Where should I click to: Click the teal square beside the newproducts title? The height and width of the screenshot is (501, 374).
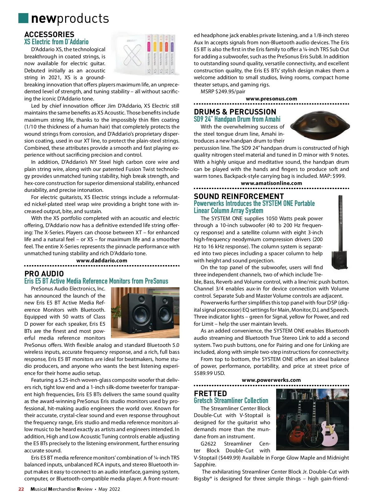pyautogui.click(x=23, y=18)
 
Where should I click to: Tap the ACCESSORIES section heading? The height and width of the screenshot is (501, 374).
pyautogui.click(x=49, y=34)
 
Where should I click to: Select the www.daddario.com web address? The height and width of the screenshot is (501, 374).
pyautogui.click(x=102, y=260)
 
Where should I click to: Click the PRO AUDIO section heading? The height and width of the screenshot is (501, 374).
pyautogui.click(x=44, y=274)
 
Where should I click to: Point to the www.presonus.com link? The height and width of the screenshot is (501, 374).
pyautogui.click(x=271, y=99)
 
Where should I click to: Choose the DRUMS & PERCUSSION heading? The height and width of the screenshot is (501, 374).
pyautogui.click(x=235, y=112)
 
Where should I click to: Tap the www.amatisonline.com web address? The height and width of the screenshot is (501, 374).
pyautogui.click(x=271, y=183)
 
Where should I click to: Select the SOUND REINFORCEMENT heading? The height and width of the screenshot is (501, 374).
pyautogui.click(x=239, y=196)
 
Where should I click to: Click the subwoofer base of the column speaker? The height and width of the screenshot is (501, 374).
pyautogui.click(x=339, y=259)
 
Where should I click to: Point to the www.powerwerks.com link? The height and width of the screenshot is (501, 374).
pyautogui.click(x=271, y=380)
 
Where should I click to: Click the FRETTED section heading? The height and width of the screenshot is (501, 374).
pyautogui.click(x=210, y=393)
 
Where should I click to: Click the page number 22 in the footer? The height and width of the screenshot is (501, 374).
pyautogui.click(x=21, y=489)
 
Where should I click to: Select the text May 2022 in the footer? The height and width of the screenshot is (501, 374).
pyautogui.click(x=109, y=489)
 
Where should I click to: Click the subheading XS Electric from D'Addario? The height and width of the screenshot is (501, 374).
pyautogui.click(x=56, y=42)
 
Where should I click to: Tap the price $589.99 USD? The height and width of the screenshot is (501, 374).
pyautogui.click(x=209, y=373)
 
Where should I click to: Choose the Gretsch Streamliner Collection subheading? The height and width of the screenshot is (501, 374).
pyautogui.click(x=231, y=401)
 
